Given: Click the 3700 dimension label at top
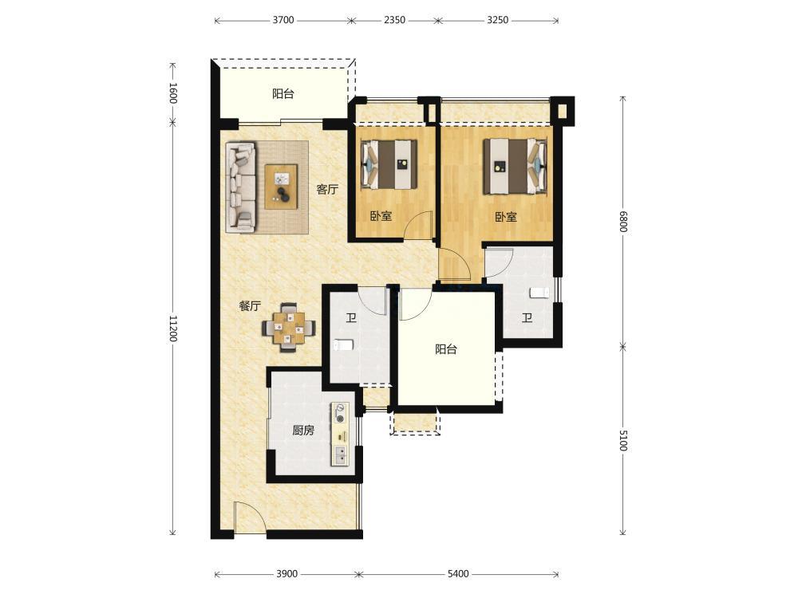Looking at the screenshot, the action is (283, 21).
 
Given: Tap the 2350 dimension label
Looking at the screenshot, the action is (394, 21).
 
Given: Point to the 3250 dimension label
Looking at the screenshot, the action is (497, 21).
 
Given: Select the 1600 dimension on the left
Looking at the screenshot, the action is (173, 93).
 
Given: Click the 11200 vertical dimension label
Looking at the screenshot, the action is (173, 329).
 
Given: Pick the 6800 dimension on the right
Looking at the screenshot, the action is (623, 221).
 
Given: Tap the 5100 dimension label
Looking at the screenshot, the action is (623, 440).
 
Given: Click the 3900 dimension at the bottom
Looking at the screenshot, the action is (286, 574).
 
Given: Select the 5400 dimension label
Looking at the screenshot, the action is (458, 574).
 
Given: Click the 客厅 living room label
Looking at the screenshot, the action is (327, 190).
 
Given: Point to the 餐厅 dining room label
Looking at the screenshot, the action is (250, 306).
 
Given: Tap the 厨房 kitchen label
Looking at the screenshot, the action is (303, 431).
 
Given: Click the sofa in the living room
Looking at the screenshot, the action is (241, 187).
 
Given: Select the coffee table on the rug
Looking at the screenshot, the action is (282, 186).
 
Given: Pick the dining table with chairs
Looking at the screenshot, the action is (289, 328).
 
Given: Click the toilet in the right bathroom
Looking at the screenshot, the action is (539, 293).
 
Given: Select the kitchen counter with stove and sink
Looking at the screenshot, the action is (341, 434).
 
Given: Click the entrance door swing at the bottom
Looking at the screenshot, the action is (249, 517).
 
